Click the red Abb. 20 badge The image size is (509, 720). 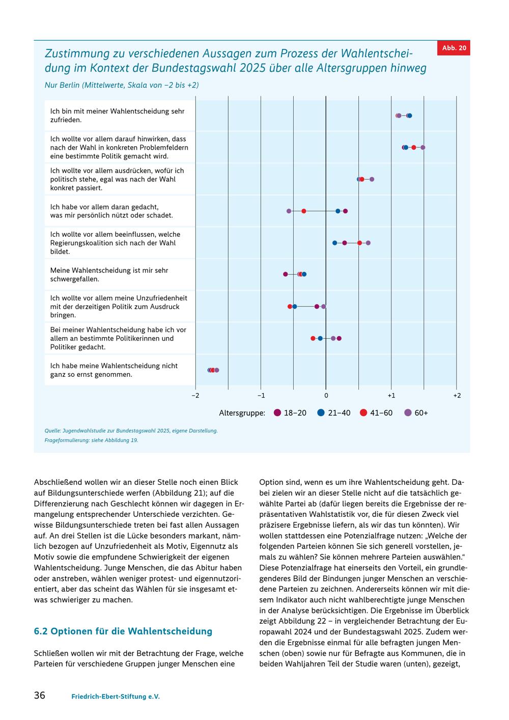pos(454,48)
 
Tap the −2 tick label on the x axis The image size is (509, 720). pos(195,395)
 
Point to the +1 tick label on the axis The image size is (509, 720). pos(391,395)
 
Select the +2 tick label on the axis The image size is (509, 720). pos(457,395)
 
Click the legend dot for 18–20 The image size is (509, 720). pos(277,413)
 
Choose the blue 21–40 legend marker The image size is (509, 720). pos(321,413)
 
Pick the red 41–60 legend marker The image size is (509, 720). pos(363,413)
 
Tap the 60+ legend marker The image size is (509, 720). pos(408,413)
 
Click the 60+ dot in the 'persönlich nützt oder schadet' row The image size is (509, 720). pos(289,211)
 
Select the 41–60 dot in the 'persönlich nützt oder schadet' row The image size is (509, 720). pos(304,211)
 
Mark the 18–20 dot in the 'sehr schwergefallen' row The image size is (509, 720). pos(286,274)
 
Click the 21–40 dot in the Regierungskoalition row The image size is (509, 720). pos(334,243)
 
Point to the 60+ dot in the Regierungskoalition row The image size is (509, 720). pos(368,243)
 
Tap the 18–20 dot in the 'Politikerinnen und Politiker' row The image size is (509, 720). pos(339,338)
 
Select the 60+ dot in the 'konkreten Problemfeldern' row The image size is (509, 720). pos(423,148)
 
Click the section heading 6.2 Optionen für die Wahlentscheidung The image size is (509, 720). pos(123,631)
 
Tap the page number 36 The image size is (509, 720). pos(40,695)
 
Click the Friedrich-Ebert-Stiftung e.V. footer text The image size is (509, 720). pos(116,697)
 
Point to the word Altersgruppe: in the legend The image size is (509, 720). pos(242,413)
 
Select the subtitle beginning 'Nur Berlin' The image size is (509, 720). pos(122,85)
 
